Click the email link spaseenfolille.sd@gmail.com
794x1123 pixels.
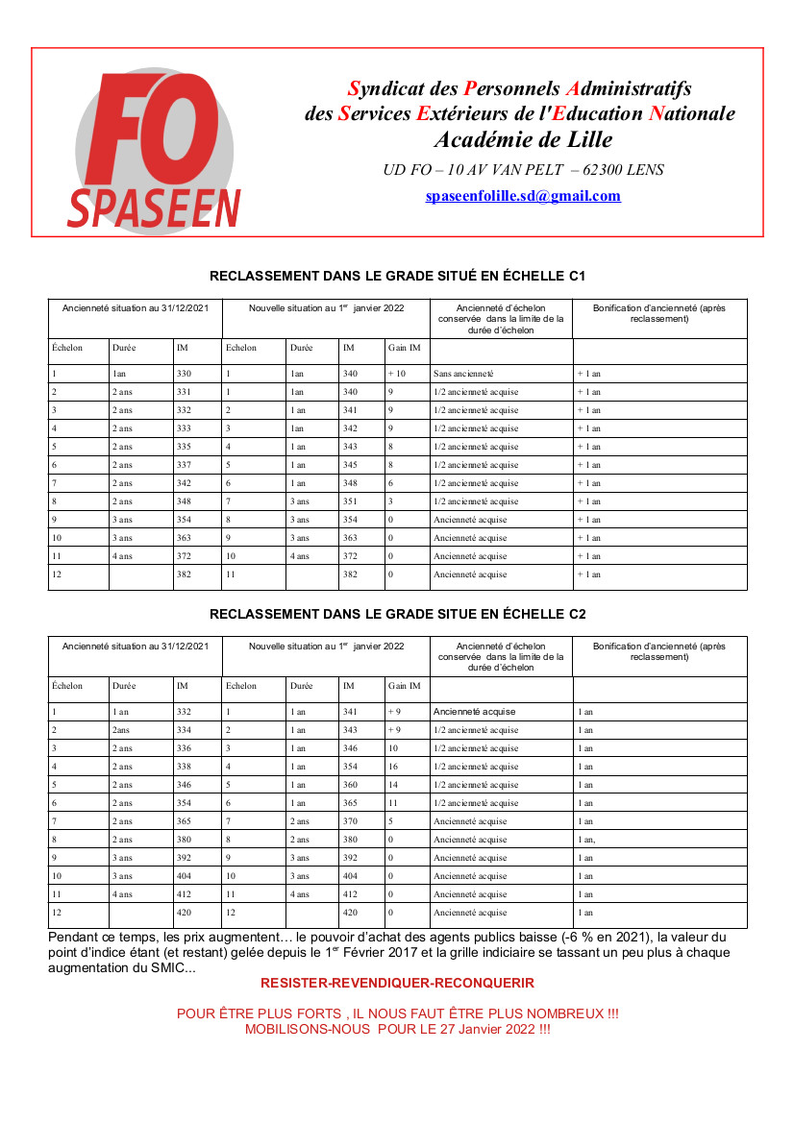(x=523, y=196)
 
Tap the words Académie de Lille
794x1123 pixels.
(x=523, y=139)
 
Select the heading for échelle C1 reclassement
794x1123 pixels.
(x=397, y=276)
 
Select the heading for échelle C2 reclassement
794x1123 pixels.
(x=397, y=613)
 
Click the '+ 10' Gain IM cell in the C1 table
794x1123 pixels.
(x=397, y=374)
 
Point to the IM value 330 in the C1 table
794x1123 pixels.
(x=185, y=374)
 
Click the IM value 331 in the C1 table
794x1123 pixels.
(x=185, y=392)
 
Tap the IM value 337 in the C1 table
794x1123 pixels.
(x=185, y=465)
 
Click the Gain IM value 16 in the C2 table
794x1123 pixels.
(x=393, y=767)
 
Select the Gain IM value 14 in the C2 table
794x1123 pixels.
(x=393, y=785)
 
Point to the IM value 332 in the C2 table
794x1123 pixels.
(x=185, y=712)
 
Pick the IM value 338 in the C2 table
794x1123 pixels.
(x=185, y=767)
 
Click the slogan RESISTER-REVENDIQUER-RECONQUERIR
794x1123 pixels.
(x=397, y=983)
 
